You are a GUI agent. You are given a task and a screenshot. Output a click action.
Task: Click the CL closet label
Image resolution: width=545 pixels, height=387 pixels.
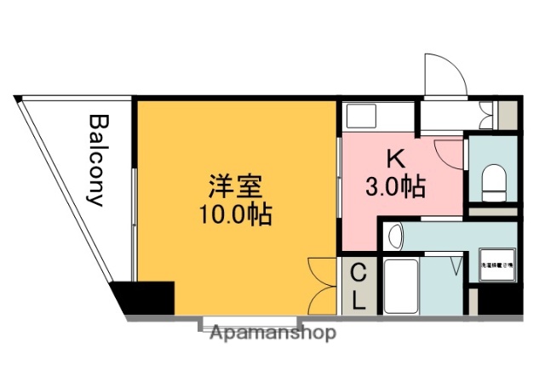pos(359,287)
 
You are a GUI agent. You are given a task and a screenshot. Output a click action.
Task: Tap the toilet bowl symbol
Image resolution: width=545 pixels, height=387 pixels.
pos(492,179)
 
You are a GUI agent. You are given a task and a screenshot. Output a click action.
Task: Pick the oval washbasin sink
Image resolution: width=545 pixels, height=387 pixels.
pos(393,236)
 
